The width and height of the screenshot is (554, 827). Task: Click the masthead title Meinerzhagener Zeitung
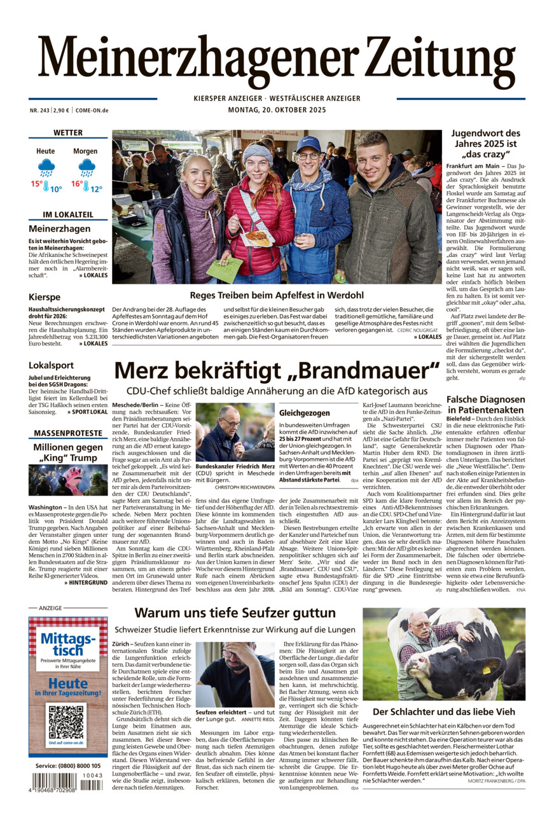pyautogui.click(x=277, y=62)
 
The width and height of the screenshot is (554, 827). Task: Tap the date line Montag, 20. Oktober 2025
pyautogui.click(x=277, y=110)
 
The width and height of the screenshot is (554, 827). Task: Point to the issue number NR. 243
pyautogui.click(x=39, y=110)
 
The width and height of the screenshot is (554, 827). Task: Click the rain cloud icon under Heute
pyautogui.click(x=46, y=168)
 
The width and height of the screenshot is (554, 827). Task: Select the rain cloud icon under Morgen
pyautogui.click(x=86, y=168)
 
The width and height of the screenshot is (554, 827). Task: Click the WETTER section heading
pyautogui.click(x=68, y=133)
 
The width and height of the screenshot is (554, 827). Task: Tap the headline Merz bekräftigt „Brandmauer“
pyautogui.click(x=277, y=371)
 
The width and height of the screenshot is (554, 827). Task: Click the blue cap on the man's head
pyautogui.click(x=308, y=144)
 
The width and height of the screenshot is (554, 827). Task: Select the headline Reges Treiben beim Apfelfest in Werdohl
pyautogui.click(x=277, y=295)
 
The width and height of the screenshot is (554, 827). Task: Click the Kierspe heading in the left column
pyautogui.click(x=45, y=297)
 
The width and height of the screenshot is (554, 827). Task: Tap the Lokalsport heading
pyautogui.click(x=51, y=365)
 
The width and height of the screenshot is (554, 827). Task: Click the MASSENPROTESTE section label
pyautogui.click(x=68, y=433)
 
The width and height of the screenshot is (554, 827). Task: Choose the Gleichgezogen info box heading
pyautogui.click(x=305, y=413)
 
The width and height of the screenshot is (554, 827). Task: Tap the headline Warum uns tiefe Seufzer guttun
pyautogui.click(x=235, y=613)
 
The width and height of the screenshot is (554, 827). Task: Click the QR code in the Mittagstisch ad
pyautogui.click(x=66, y=721)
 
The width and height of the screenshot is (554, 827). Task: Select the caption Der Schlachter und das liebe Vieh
pyautogui.click(x=444, y=711)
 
